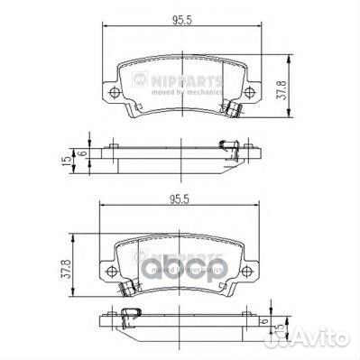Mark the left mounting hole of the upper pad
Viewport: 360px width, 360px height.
pyautogui.click(x=113, y=95)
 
